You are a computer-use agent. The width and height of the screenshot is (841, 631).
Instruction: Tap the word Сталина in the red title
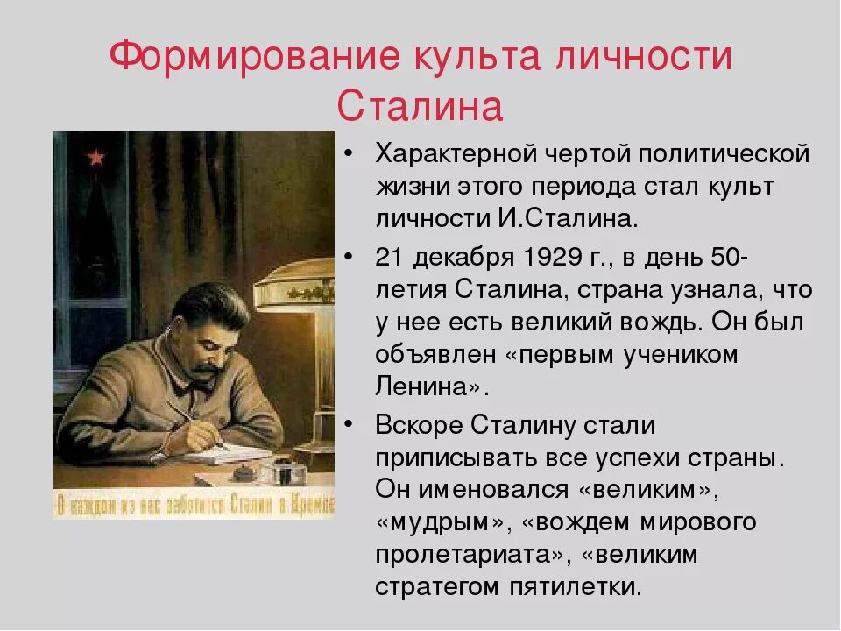420,107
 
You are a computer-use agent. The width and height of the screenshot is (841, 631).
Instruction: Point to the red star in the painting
95,157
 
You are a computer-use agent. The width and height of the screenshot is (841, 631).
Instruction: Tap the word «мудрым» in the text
440,522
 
